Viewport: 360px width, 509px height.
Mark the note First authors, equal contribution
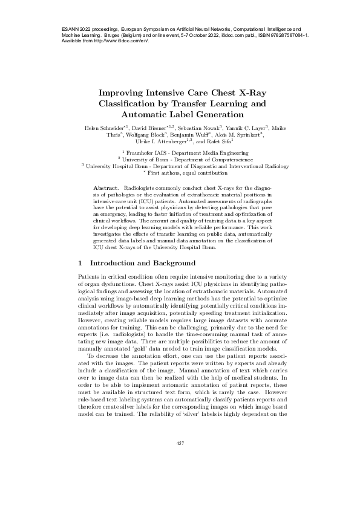182,172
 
